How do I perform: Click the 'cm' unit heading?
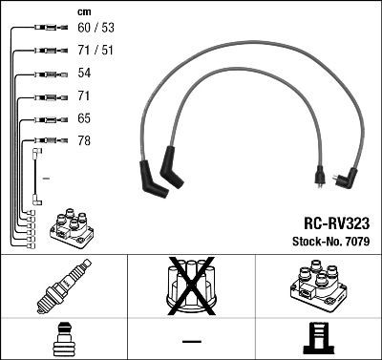tap(83, 11)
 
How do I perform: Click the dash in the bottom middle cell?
tap(191, 340)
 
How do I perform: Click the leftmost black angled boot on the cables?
tap(151, 180)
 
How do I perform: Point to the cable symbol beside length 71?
tap(46, 97)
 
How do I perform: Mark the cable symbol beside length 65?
tap(46, 120)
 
